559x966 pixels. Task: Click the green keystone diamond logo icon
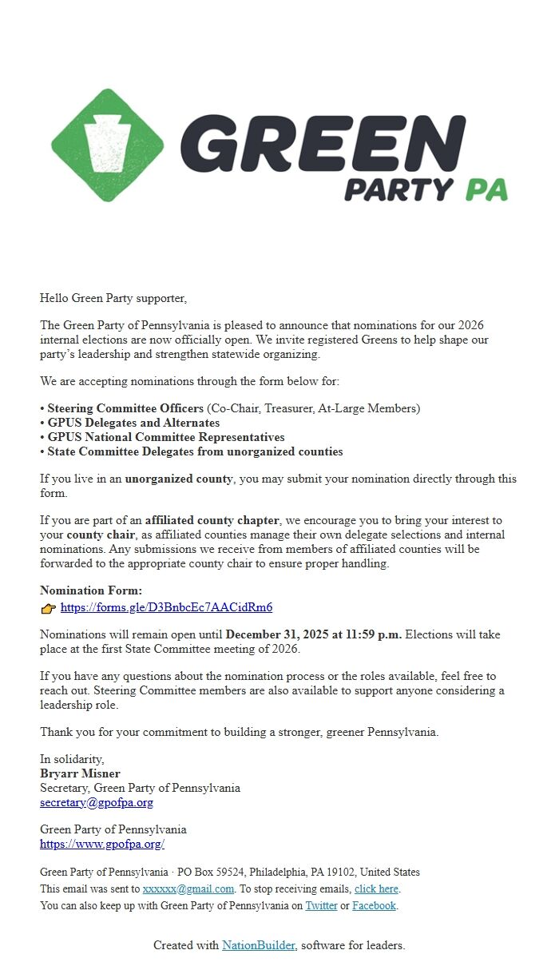click(x=108, y=145)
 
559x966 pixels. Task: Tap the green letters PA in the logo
click(x=486, y=189)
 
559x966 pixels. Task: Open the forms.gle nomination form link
click(x=166, y=607)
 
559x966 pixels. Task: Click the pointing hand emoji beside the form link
click(x=48, y=608)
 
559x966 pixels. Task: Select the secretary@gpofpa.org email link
click(x=97, y=802)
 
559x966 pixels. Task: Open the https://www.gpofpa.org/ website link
click(x=102, y=844)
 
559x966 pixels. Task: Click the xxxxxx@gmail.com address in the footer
click(x=188, y=888)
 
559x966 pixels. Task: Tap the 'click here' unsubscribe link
click(x=376, y=888)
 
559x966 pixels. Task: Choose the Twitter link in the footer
click(x=321, y=905)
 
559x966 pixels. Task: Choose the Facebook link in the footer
click(x=374, y=905)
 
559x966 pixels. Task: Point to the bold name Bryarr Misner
click(x=80, y=773)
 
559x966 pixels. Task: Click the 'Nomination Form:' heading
click(x=91, y=590)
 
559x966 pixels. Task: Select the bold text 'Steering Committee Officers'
click(x=125, y=408)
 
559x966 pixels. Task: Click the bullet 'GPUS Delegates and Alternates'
click(x=133, y=423)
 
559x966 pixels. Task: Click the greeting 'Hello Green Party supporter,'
click(x=113, y=298)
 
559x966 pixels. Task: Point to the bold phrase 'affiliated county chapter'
click(x=212, y=520)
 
